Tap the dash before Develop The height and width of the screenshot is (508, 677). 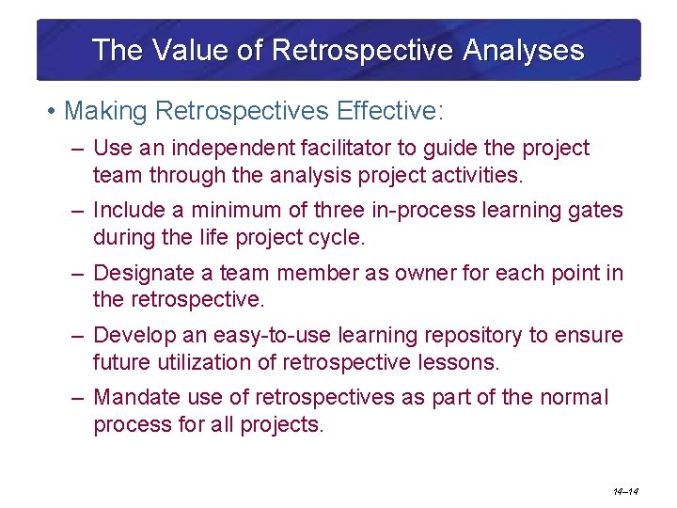click(x=79, y=336)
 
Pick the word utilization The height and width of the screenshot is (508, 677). click(x=199, y=362)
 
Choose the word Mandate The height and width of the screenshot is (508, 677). click(x=137, y=398)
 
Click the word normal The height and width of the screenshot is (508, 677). click(x=575, y=398)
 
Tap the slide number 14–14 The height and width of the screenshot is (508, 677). click(x=625, y=490)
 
